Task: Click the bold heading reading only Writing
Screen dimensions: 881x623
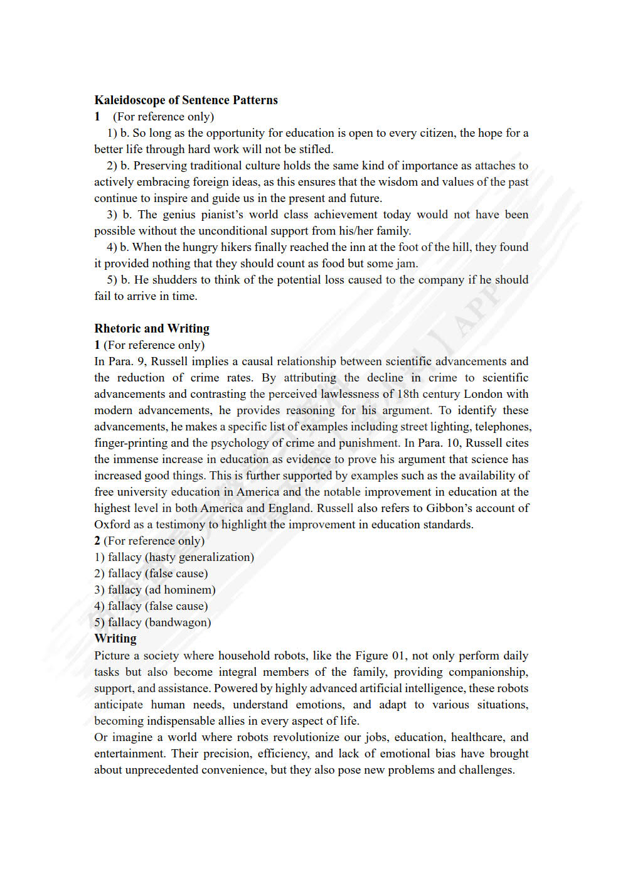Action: [115, 639]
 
